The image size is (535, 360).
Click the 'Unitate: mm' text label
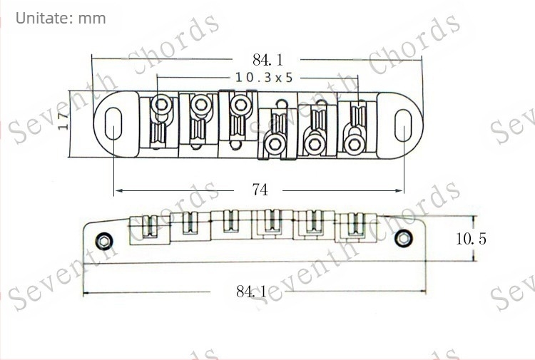(61, 18)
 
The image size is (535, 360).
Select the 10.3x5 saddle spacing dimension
(263, 77)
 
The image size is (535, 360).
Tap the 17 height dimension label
(63, 123)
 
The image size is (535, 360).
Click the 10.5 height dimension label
(471, 239)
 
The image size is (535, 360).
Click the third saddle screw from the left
(238, 105)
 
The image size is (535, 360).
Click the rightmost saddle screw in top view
(352, 143)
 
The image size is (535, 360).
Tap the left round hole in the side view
(105, 237)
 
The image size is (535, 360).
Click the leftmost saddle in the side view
(151, 227)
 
